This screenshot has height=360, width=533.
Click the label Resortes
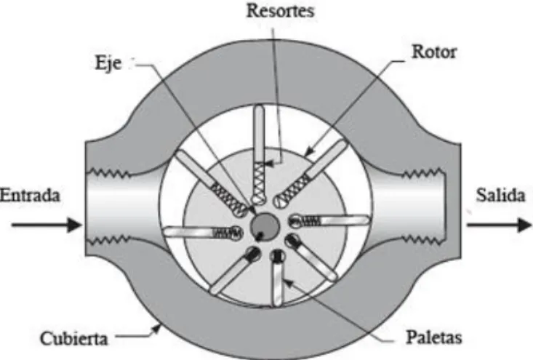tap(280, 10)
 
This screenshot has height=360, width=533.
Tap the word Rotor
tap(434, 52)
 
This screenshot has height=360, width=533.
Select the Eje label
tap(108, 63)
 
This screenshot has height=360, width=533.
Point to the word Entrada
tap(30, 195)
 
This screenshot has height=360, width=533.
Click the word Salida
tap(500, 195)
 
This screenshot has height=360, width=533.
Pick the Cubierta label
tap(73, 338)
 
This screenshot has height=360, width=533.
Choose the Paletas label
tap(434, 337)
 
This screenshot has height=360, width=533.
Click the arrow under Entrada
tap(47, 225)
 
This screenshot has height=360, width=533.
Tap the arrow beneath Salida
tap(499, 225)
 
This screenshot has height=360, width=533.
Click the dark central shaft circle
tap(265, 225)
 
